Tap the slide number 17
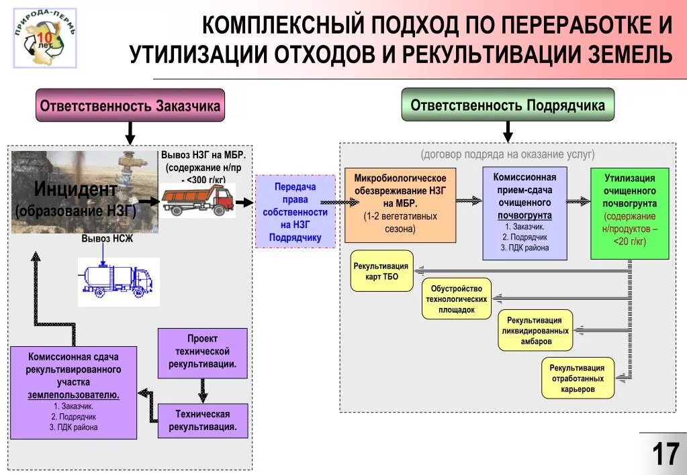pyautogui.click(x=665, y=454)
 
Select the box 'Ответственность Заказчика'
pyautogui.click(x=130, y=106)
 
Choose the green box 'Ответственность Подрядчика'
pyautogui.click(x=508, y=105)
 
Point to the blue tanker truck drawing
pyautogui.click(x=118, y=280)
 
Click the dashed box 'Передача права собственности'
pyautogui.click(x=295, y=211)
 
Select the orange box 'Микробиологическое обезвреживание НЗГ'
pyautogui.click(x=400, y=204)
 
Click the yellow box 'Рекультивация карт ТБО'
pyautogui.click(x=381, y=272)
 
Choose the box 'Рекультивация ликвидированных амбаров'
pyautogui.click(x=535, y=331)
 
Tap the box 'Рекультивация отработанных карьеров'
pyautogui.click(x=577, y=378)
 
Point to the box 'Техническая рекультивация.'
pyautogui.click(x=203, y=420)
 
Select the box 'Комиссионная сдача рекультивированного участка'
pyautogui.click(x=73, y=392)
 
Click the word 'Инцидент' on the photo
pyautogui.click(x=75, y=189)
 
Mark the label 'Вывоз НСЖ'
pyautogui.click(x=107, y=239)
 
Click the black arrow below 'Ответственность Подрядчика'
pyautogui.click(x=508, y=131)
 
